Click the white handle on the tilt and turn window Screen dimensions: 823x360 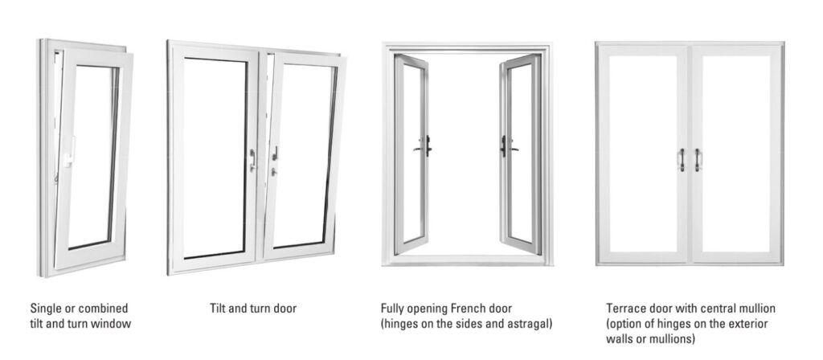tap(70, 151)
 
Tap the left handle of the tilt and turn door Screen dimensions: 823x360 tap(252, 160)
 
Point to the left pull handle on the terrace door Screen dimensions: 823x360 tap(682, 160)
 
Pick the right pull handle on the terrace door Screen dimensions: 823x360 tap(698, 160)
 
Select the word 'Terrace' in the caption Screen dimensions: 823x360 tap(624, 308)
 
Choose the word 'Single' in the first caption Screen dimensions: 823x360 tap(45, 308)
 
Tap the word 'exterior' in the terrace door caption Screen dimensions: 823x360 tap(749, 324)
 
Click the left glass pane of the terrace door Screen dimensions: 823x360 tap(643, 153)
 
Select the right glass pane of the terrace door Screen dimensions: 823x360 tap(736, 153)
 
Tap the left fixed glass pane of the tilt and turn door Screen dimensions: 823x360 tap(215, 157)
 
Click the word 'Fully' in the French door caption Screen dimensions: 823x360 tap(392, 309)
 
